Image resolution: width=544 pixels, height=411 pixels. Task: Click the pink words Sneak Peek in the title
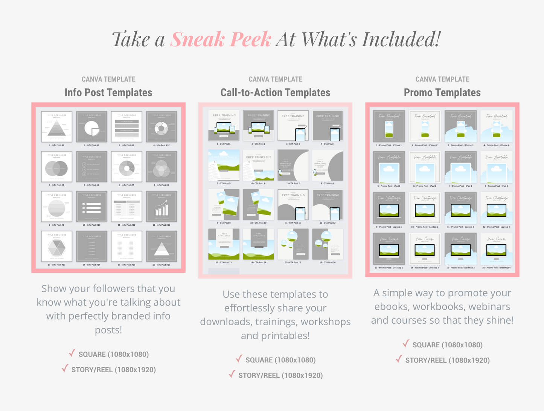click(221, 40)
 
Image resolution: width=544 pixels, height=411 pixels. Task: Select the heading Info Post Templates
click(108, 93)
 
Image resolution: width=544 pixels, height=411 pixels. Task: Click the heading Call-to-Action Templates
click(275, 93)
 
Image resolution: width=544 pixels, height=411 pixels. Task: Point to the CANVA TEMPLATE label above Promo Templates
click(442, 79)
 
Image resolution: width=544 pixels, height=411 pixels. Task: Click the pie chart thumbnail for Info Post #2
click(92, 127)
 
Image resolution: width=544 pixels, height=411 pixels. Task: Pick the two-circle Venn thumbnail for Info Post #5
click(56, 167)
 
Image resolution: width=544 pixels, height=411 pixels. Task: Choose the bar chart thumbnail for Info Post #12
click(162, 207)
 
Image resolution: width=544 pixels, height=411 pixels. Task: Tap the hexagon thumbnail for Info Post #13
click(56, 247)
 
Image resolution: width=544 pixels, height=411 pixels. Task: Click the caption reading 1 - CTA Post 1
click(224, 144)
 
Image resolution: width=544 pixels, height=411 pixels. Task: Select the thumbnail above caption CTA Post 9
click(224, 205)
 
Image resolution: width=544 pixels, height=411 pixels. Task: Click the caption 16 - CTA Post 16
click(328, 262)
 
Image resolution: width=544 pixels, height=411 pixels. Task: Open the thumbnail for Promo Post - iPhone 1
click(389, 126)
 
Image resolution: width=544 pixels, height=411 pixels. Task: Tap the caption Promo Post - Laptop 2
click(425, 227)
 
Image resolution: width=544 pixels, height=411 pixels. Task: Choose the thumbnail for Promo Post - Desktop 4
click(497, 248)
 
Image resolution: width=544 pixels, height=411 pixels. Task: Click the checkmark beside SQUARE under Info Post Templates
click(72, 353)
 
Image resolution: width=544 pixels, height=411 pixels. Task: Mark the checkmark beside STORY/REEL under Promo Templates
click(399, 359)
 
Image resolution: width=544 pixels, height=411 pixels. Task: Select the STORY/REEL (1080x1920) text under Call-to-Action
click(280, 375)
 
